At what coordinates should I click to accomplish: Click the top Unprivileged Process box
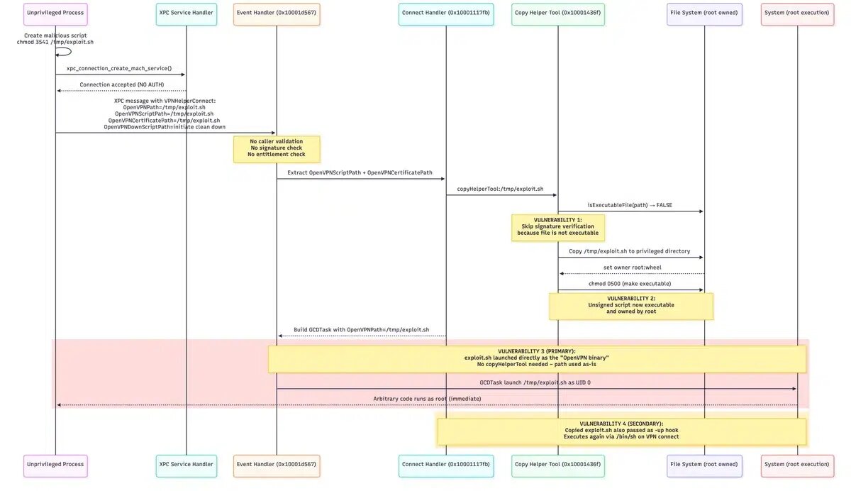(x=55, y=13)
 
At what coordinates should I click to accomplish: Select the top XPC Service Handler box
(x=186, y=13)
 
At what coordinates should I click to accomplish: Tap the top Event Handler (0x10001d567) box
(x=277, y=13)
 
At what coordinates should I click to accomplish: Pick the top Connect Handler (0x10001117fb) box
(x=445, y=13)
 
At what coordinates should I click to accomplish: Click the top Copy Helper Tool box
(x=557, y=13)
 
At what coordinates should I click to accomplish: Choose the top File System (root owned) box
(x=704, y=13)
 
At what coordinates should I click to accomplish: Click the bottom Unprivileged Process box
(x=55, y=465)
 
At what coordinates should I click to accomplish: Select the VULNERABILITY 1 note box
(x=557, y=227)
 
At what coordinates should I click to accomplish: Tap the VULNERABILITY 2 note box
(x=630, y=306)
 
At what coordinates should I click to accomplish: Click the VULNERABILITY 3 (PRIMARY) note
(x=537, y=359)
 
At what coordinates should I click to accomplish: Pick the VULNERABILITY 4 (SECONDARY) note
(x=621, y=431)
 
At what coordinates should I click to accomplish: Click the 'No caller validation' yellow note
(x=277, y=148)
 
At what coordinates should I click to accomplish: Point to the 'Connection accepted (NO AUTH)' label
(x=121, y=84)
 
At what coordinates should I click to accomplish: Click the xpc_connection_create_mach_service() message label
(x=119, y=68)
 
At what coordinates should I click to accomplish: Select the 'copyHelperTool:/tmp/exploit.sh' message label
(x=501, y=189)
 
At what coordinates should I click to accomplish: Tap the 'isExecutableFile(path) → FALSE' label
(x=630, y=205)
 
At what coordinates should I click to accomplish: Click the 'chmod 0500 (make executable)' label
(x=630, y=284)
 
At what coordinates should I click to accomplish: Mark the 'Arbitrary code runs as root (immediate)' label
(x=427, y=399)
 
